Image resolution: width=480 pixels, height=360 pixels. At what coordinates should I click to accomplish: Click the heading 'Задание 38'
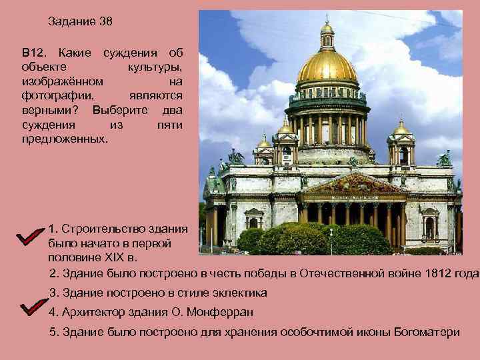(x=80, y=21)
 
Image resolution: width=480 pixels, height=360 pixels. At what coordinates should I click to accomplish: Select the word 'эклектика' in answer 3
(x=238, y=293)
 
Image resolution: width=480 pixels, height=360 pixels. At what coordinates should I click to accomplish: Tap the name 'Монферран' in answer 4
(x=225, y=312)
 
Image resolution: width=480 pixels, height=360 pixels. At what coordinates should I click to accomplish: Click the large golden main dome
(x=327, y=67)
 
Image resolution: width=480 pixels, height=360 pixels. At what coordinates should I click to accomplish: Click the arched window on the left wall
(x=253, y=221)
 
